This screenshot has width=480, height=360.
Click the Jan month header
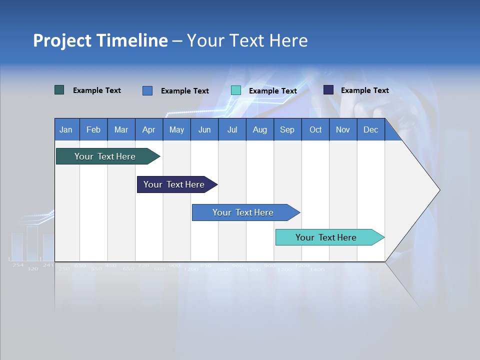click(66, 129)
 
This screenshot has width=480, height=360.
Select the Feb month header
click(93, 129)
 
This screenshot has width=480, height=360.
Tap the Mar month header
click(121, 129)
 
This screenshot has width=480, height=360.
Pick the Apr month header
click(148, 129)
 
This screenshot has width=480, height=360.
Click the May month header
click(176, 129)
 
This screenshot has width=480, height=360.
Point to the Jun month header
click(204, 129)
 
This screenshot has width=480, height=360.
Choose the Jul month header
click(232, 129)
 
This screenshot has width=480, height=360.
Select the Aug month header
click(259, 129)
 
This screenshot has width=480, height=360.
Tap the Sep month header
click(287, 129)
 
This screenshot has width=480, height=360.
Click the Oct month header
click(315, 129)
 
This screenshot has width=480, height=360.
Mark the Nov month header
click(343, 129)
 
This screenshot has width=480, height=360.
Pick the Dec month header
click(370, 129)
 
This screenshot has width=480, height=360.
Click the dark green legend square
click(59, 90)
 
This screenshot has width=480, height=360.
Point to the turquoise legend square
click(236, 90)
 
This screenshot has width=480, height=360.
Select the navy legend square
click(328, 90)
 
